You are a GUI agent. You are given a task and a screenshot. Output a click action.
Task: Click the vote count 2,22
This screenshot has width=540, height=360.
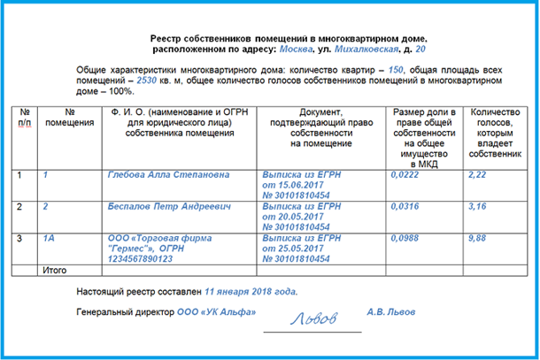(475, 175)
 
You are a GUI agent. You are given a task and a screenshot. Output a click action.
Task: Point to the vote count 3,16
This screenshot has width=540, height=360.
(475, 206)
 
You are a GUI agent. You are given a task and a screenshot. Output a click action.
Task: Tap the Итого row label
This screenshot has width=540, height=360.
(56, 268)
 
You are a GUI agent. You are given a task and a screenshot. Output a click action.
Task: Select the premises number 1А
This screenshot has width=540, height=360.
(50, 237)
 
